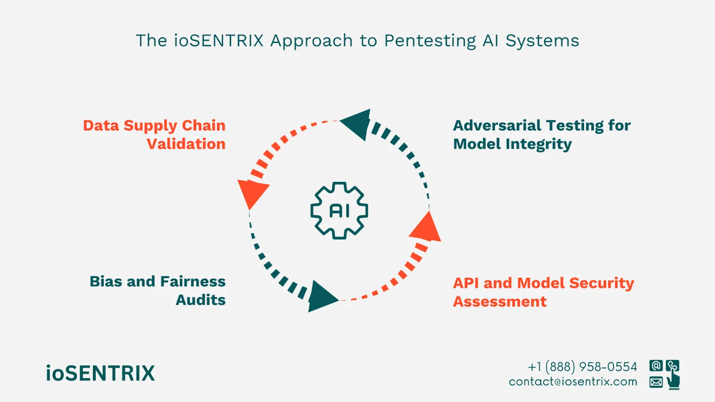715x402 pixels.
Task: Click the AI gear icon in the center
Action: (339, 210)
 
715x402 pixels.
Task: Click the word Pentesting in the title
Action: (430, 41)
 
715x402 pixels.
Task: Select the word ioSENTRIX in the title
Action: (219, 41)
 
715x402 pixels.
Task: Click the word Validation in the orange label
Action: (186, 144)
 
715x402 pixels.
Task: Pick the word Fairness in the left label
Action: (193, 281)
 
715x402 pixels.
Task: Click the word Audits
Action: (201, 300)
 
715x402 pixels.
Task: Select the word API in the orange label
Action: (466, 283)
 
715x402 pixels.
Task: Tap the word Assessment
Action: (500, 301)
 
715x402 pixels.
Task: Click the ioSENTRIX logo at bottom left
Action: (101, 373)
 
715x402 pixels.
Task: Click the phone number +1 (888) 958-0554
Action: (582, 367)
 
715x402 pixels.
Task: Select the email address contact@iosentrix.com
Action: (573, 382)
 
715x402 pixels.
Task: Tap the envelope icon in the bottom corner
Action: (656, 382)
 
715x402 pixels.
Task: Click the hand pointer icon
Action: (673, 381)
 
